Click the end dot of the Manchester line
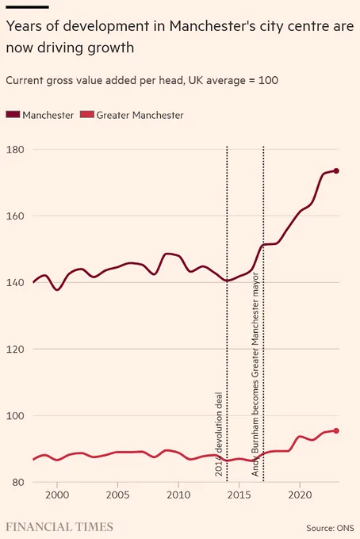336,171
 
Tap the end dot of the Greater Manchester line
336,430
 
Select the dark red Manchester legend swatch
13,114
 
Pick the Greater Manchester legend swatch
86,114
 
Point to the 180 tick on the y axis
15,150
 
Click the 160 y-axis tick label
15,216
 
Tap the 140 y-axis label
15,282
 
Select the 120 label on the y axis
15,349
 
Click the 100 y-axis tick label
15,415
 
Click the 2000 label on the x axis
57,495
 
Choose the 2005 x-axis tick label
117,495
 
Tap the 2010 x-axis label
178,495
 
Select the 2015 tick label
239,495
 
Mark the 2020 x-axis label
300,495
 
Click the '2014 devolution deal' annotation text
219,434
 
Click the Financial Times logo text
59,526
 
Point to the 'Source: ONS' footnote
330,528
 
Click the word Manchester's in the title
213,26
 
